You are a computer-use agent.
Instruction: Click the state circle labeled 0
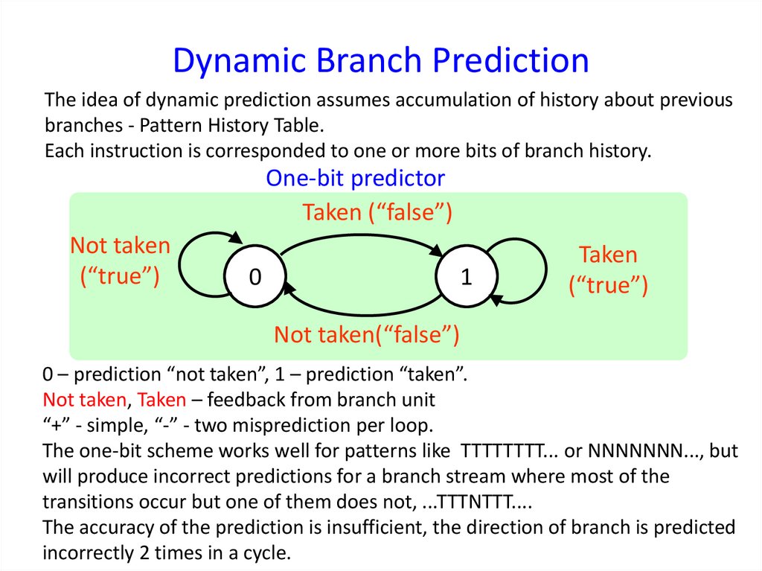click(255, 278)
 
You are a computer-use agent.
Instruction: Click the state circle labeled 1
click(467, 278)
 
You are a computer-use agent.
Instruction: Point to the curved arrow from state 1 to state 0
click(365, 307)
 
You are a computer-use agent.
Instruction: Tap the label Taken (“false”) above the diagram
click(377, 212)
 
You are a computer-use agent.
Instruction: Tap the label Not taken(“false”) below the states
click(366, 335)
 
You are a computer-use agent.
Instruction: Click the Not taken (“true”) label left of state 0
click(120, 261)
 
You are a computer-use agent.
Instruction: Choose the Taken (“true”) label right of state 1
click(608, 270)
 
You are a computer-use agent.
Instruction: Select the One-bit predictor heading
click(356, 178)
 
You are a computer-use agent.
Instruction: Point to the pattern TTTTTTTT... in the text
click(512, 452)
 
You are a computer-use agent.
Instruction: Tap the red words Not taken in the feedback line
click(84, 400)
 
